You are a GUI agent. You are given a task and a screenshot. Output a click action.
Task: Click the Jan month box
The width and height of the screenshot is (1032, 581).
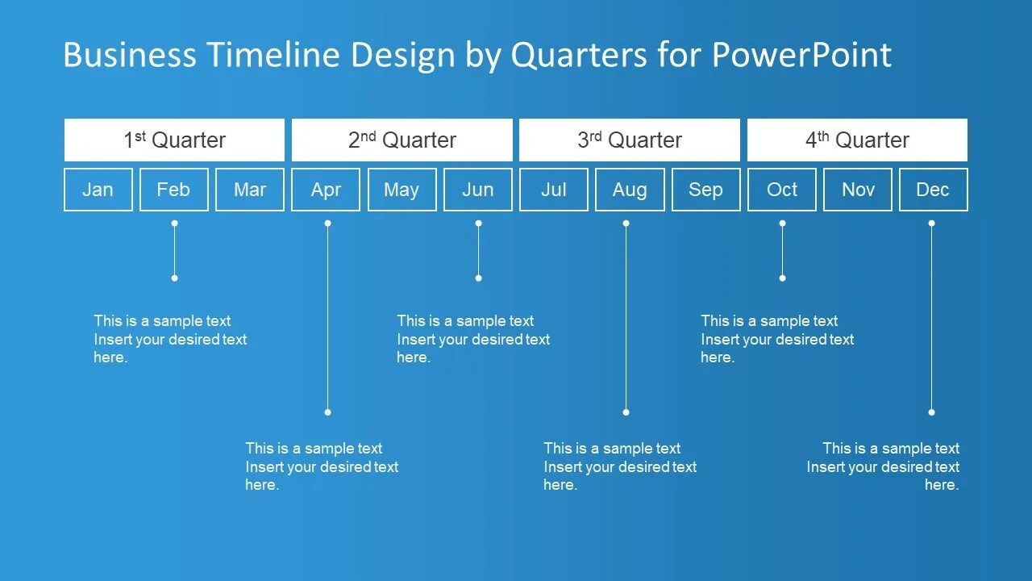pyautogui.click(x=98, y=190)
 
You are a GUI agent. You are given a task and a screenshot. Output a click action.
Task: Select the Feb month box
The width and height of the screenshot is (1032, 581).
pyautogui.click(x=173, y=190)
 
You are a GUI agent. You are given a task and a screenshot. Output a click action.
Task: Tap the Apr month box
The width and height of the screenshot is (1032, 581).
pyautogui.click(x=326, y=190)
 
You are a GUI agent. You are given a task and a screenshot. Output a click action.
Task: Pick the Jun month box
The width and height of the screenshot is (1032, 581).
pyautogui.click(x=478, y=190)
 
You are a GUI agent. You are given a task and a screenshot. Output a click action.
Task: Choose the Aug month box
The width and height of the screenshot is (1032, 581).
pyautogui.click(x=630, y=190)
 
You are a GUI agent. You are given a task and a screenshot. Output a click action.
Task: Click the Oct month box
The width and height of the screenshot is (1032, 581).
pyautogui.click(x=782, y=190)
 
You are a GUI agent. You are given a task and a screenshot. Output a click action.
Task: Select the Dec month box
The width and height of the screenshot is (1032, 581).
pyautogui.click(x=934, y=190)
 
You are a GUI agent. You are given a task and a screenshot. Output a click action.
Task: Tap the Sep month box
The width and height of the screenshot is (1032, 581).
pyautogui.click(x=705, y=190)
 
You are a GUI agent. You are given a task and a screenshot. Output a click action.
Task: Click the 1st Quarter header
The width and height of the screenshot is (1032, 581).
pyautogui.click(x=174, y=140)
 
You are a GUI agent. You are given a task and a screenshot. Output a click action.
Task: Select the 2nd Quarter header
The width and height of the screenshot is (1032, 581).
pyautogui.click(x=402, y=140)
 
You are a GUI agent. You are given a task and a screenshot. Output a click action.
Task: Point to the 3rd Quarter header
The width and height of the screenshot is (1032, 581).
pyautogui.click(x=630, y=140)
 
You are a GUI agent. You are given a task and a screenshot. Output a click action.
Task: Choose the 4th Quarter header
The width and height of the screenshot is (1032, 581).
pyautogui.click(x=857, y=140)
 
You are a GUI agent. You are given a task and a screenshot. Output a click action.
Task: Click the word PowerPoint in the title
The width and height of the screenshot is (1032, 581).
pyautogui.click(x=801, y=54)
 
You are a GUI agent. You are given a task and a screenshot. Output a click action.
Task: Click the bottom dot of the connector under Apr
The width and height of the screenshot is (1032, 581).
pyautogui.click(x=327, y=412)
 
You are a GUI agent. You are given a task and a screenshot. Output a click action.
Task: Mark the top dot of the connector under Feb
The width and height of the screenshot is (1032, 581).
pyautogui.click(x=175, y=224)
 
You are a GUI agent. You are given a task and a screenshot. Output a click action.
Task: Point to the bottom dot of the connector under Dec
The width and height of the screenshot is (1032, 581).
pyautogui.click(x=931, y=412)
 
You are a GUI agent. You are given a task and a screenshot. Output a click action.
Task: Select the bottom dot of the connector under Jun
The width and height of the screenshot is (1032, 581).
pyautogui.click(x=478, y=278)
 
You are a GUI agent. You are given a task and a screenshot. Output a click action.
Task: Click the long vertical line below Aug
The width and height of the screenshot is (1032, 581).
pyautogui.click(x=626, y=318)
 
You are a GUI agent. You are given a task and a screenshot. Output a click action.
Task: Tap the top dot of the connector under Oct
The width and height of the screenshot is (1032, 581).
pyautogui.click(x=782, y=224)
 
